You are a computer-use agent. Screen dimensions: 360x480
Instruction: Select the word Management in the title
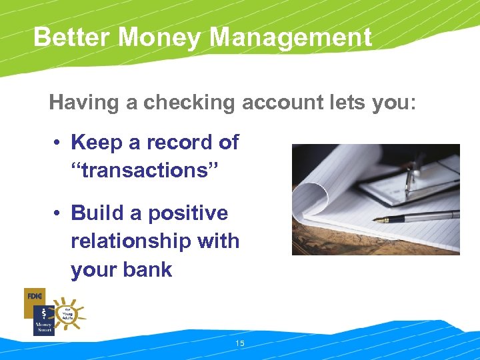click(x=290, y=37)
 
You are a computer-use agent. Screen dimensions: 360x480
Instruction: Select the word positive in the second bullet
click(x=188, y=213)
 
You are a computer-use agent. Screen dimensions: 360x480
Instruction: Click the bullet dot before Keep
click(x=59, y=143)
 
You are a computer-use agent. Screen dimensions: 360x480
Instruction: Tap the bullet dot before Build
click(x=59, y=214)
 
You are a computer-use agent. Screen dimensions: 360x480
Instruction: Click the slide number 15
click(x=240, y=343)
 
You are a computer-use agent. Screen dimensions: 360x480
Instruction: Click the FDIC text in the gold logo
click(x=34, y=295)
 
